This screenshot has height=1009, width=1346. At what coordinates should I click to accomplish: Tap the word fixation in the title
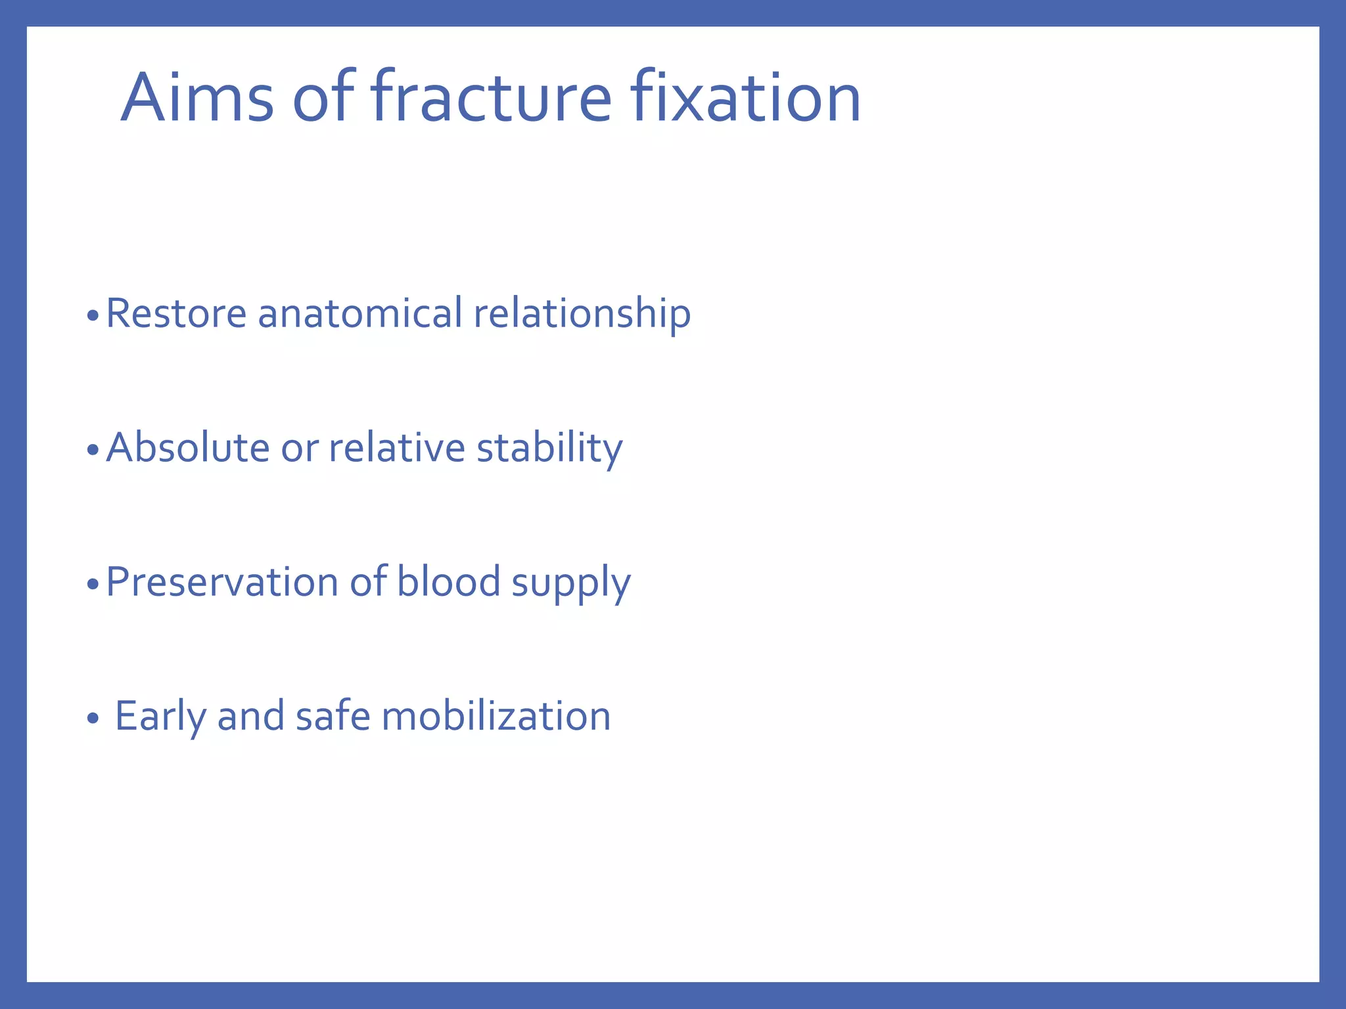point(745,99)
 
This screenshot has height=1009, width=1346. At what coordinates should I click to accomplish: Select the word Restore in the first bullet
point(176,313)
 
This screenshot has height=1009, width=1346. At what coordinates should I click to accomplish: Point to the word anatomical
point(360,313)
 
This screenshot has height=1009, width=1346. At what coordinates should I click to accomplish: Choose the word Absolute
point(188,448)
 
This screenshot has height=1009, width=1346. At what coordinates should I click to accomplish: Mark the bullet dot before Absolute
point(93,451)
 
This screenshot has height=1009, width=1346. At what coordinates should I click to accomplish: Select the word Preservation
point(221,582)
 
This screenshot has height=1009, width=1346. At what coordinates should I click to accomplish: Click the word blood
point(449,582)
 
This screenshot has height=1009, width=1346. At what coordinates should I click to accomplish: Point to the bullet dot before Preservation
point(93,585)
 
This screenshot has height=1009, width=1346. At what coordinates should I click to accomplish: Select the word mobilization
point(496,716)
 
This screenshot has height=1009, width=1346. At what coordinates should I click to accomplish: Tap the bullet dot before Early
point(93,719)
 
